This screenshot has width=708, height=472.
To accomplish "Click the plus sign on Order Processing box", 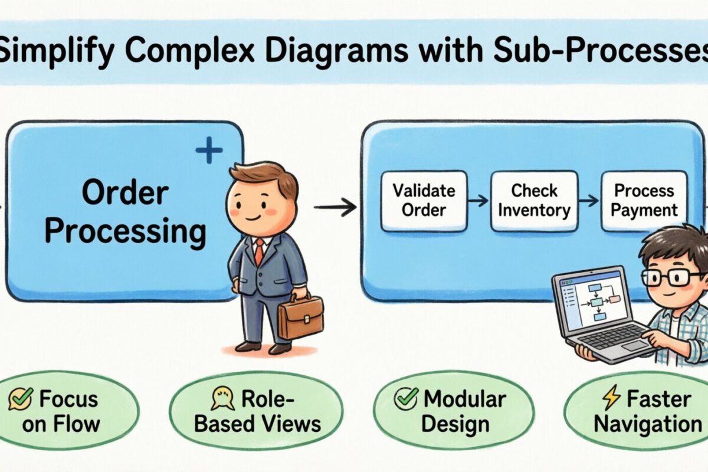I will click(x=209, y=152).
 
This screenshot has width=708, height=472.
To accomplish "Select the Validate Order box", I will click(x=424, y=201).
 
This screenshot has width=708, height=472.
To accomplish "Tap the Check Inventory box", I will click(x=534, y=201).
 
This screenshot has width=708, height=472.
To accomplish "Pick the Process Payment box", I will click(x=644, y=201).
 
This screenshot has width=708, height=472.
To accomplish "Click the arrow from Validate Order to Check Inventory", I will click(x=478, y=201).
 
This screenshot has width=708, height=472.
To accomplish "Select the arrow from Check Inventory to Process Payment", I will click(x=589, y=201).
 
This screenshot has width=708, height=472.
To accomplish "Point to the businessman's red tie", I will click(x=259, y=251).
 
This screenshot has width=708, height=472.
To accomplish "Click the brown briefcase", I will click(x=300, y=316).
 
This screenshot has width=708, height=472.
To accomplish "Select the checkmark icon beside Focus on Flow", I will click(x=21, y=400).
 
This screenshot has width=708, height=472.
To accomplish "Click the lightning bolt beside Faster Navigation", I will click(x=609, y=400).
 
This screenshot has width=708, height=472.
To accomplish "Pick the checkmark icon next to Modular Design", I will click(x=407, y=399).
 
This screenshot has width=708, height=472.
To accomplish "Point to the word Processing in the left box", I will click(x=125, y=232).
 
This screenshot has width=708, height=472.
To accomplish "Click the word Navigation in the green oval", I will click(x=647, y=424).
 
